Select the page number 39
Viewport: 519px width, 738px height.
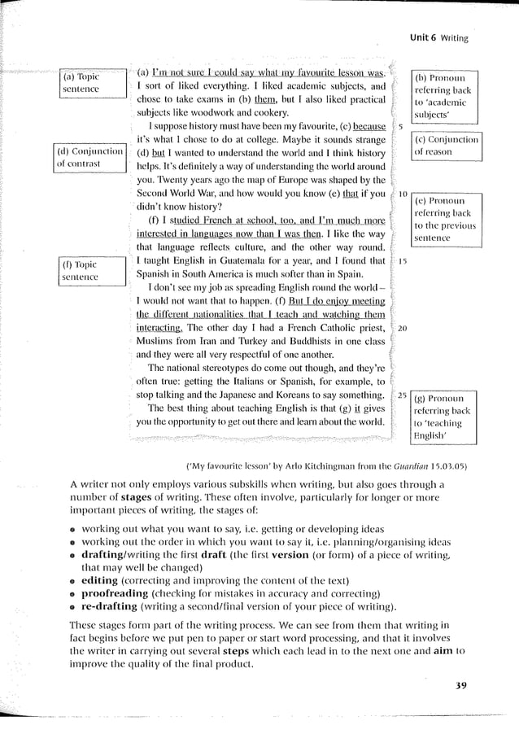click(461, 685)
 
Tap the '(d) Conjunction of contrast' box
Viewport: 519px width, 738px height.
click(89, 157)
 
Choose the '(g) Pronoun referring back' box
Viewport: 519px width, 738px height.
click(443, 417)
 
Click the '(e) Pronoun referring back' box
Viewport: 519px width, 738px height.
click(445, 218)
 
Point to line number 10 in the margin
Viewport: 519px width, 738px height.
click(403, 194)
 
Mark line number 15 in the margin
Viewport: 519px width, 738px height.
click(403, 260)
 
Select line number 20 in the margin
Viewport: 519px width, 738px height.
click(403, 328)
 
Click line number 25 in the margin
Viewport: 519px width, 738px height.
click(403, 395)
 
